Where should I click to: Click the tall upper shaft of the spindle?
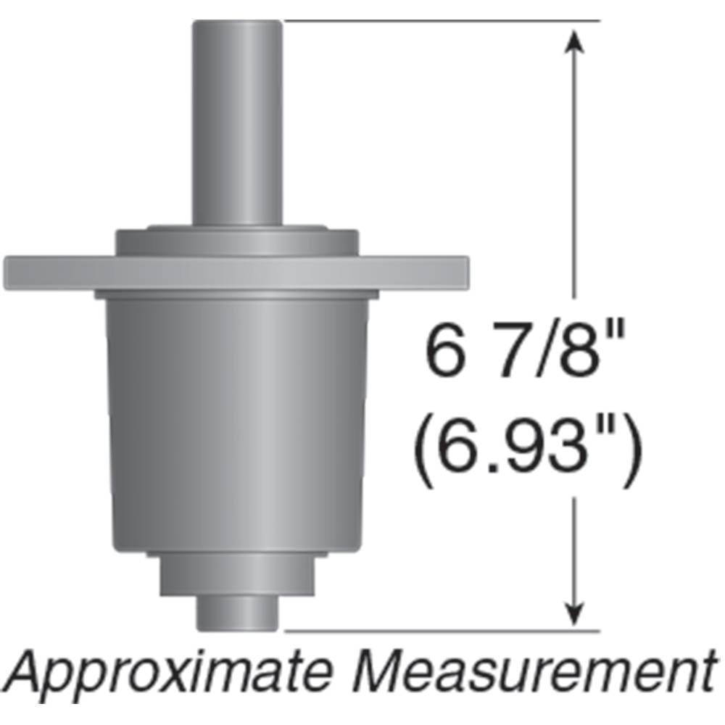pos(237,123)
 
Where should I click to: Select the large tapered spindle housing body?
pos(237,420)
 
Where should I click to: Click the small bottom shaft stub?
pos(237,611)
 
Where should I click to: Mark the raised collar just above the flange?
pos(237,241)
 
